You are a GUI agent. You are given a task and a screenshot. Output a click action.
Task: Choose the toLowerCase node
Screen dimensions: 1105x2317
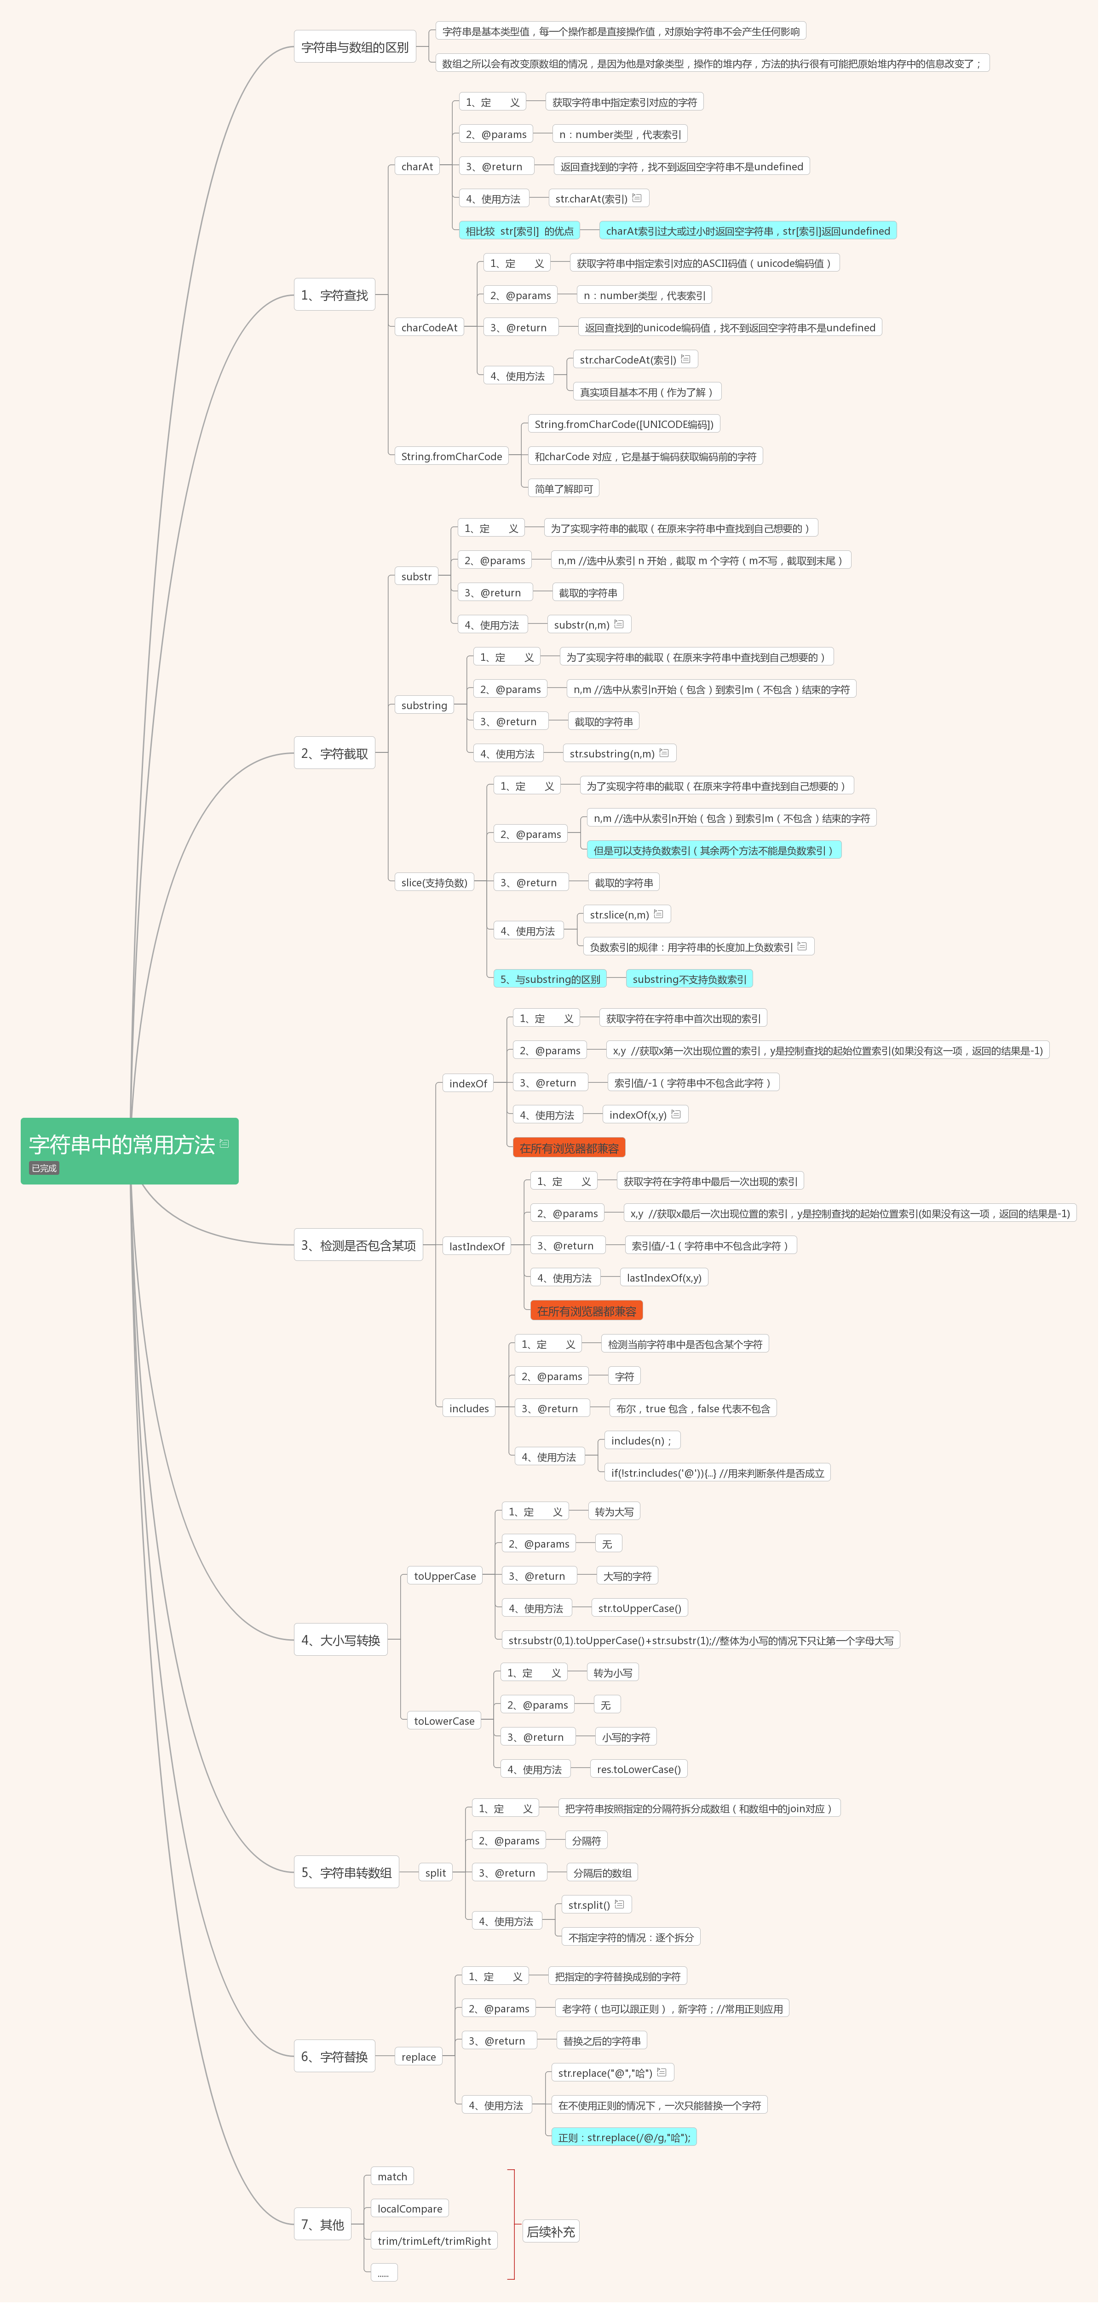click(447, 1732)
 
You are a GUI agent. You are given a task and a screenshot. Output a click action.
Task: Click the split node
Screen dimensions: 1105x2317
click(438, 1884)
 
